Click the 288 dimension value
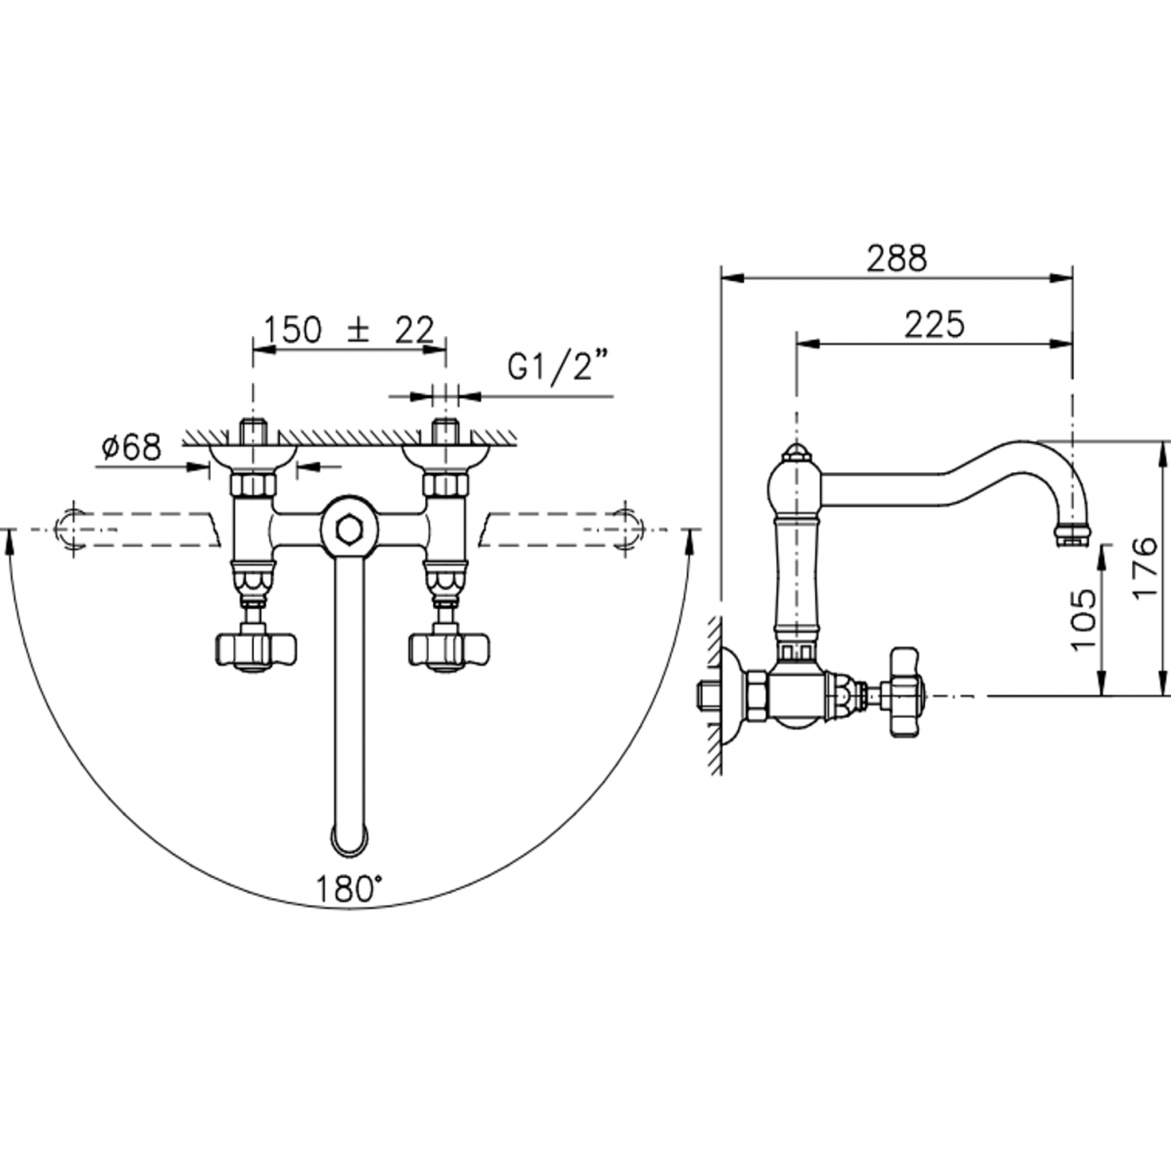pos(896,259)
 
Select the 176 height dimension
pos(1146,566)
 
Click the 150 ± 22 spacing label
pos(349,330)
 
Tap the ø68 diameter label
pos(132,448)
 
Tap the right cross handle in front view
pos(449,649)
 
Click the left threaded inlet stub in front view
pos(253,432)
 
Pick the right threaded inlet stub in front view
pos(446,432)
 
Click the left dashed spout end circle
pos(72,528)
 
